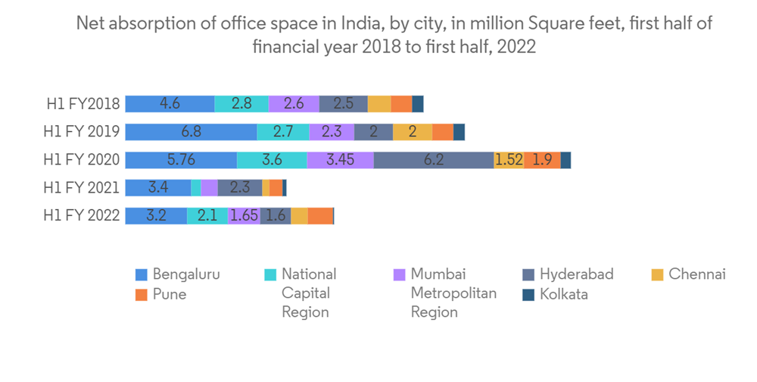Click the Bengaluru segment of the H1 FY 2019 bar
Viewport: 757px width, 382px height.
pyautogui.click(x=191, y=132)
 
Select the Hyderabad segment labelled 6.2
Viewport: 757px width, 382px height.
pyautogui.click(x=433, y=160)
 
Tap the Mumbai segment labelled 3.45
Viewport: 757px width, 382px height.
pyautogui.click(x=340, y=160)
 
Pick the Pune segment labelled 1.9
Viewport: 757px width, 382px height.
pyautogui.click(x=542, y=160)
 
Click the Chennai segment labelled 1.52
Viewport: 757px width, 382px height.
pyautogui.click(x=509, y=160)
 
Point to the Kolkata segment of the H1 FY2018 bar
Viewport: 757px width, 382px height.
pyautogui.click(x=418, y=104)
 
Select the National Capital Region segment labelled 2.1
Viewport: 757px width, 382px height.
pyautogui.click(x=207, y=215)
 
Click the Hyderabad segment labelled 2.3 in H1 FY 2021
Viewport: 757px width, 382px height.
pyautogui.click(x=239, y=187)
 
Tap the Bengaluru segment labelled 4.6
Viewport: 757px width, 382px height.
pyautogui.click(x=170, y=104)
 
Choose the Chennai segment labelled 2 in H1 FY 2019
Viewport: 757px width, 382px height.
pyautogui.click(x=413, y=132)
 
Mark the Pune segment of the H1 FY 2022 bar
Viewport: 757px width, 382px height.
pyautogui.click(x=320, y=215)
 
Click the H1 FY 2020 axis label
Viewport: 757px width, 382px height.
pyautogui.click(x=82, y=160)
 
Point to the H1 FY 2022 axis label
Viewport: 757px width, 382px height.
pyautogui.click(x=82, y=215)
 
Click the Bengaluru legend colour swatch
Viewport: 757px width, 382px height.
pyautogui.click(x=141, y=274)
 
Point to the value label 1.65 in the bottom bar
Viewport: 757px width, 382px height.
pyautogui.click(x=244, y=215)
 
